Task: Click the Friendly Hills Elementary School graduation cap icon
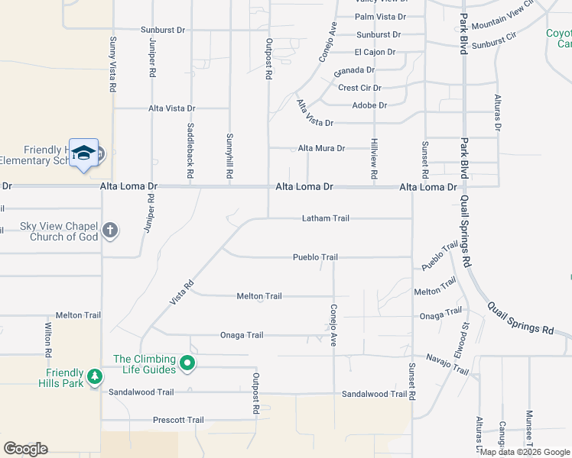click(x=83, y=153)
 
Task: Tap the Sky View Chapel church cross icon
click(x=110, y=231)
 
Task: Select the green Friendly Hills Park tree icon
click(x=94, y=376)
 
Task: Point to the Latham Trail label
click(x=325, y=218)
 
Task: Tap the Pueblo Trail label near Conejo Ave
click(x=315, y=257)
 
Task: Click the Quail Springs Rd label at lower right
click(x=520, y=319)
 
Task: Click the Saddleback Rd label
click(x=190, y=146)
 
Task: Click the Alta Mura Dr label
click(x=321, y=148)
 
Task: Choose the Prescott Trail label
click(x=178, y=420)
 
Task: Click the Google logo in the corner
click(x=25, y=449)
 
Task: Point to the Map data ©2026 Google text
click(x=525, y=452)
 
